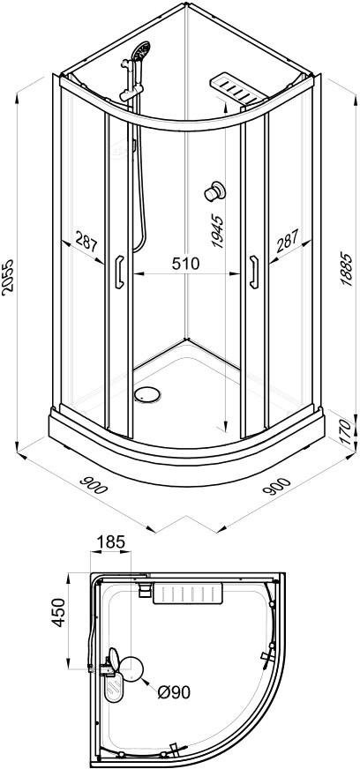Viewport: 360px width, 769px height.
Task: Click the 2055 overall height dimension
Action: [8, 277]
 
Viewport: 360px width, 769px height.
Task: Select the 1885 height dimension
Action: [346, 269]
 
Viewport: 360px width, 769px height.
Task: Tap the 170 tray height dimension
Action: [346, 431]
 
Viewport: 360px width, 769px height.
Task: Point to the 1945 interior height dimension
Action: [217, 230]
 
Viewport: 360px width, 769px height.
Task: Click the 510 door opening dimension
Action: [185, 264]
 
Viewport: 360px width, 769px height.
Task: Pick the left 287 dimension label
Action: [86, 243]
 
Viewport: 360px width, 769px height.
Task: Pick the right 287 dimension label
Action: [287, 242]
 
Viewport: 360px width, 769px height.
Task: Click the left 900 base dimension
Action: [93, 483]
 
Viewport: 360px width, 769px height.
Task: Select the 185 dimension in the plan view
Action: [111, 542]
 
